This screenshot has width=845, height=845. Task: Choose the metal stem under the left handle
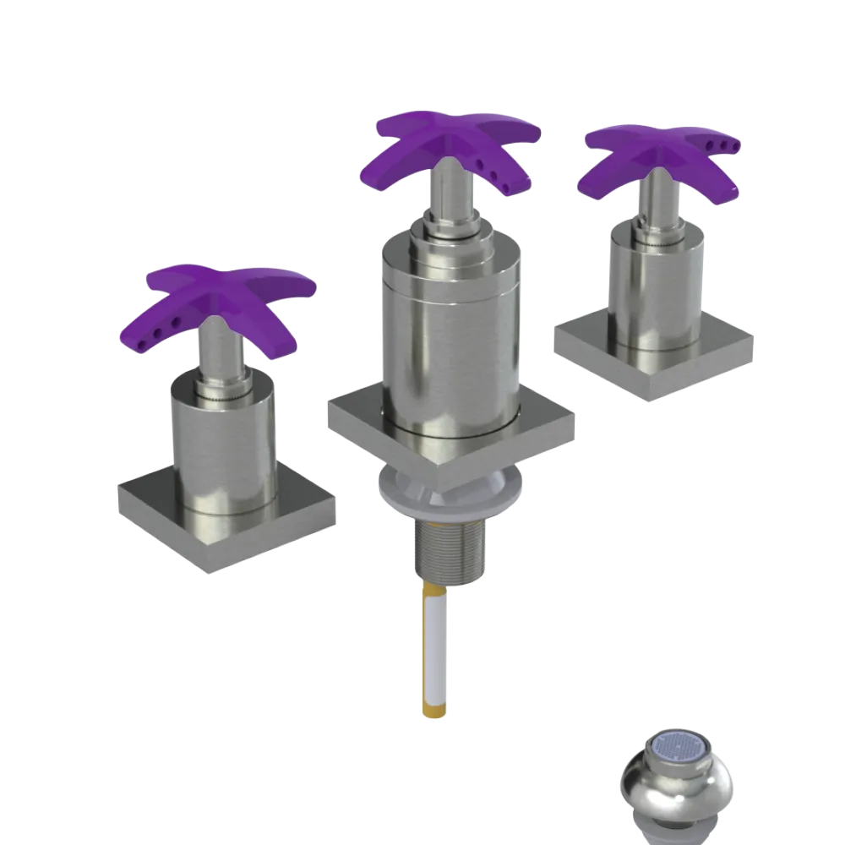pos(221,355)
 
